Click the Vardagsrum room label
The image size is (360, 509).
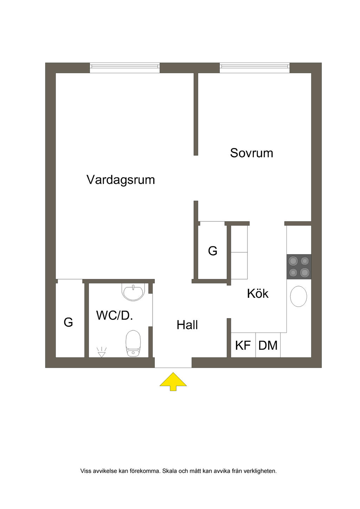click(121, 180)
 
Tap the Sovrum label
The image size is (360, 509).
click(251, 153)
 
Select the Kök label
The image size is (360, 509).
click(258, 294)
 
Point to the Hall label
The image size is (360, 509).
click(187, 325)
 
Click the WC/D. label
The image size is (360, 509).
click(115, 315)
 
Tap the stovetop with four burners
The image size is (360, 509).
click(299, 266)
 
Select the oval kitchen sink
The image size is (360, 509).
click(298, 296)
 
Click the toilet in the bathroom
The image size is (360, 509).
click(133, 343)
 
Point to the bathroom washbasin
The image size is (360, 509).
click(133, 292)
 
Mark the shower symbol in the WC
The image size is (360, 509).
click(101, 352)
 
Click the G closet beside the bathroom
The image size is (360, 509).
click(69, 322)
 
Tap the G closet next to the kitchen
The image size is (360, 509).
click(213, 251)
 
